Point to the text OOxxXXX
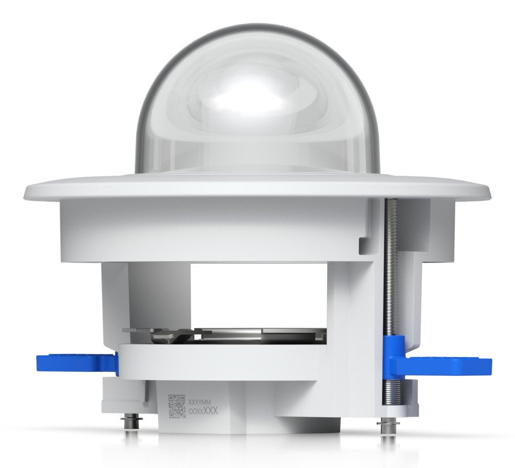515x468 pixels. coord(203,411)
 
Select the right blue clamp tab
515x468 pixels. coord(447,365)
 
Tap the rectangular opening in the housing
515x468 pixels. coord(259,293)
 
